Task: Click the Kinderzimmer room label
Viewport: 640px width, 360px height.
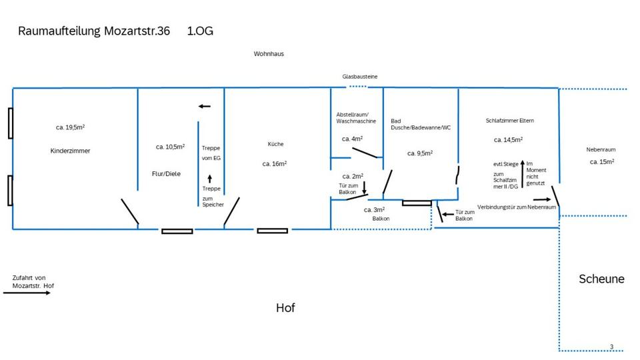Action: (70, 151)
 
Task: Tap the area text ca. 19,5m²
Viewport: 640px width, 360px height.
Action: (70, 127)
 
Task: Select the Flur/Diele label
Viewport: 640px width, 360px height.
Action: (166, 173)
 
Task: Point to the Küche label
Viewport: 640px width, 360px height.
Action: (275, 143)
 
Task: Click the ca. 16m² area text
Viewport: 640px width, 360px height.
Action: (275, 163)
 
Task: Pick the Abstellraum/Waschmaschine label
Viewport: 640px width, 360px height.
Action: (356, 117)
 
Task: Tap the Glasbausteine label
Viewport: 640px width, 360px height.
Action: (360, 77)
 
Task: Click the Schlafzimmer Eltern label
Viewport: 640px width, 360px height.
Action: (509, 121)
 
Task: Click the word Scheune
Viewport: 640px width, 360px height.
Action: (601, 279)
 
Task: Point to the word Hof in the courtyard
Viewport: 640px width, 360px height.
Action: (285, 307)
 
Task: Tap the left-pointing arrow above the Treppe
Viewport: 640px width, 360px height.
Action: (204, 106)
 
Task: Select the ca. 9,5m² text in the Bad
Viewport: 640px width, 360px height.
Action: (420, 153)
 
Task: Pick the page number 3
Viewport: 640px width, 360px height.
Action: (611, 347)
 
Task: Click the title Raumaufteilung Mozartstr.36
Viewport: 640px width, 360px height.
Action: (94, 31)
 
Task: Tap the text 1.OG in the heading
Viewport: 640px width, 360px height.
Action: (201, 31)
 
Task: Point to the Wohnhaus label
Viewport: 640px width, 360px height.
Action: (269, 53)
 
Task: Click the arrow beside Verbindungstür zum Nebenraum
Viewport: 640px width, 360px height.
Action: (541, 199)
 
